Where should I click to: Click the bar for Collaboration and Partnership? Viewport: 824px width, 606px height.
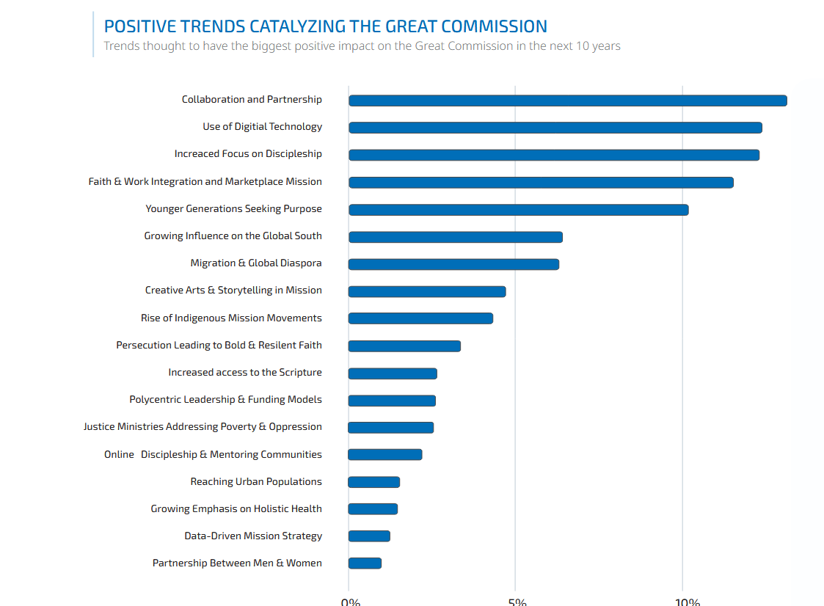(567, 101)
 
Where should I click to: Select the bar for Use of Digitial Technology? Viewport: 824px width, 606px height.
(555, 128)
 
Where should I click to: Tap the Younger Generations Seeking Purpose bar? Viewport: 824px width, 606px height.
(518, 210)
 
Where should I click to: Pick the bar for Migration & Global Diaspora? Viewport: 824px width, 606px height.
(453, 264)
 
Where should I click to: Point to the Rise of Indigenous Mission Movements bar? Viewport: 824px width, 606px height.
(420, 318)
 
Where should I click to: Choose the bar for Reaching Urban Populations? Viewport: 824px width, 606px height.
(374, 482)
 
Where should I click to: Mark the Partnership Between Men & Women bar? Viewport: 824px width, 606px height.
(365, 563)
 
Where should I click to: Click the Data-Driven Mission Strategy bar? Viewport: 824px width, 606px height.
(369, 536)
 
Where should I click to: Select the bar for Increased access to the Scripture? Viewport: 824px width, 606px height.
(393, 373)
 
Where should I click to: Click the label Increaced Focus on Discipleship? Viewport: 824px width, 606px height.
(248, 154)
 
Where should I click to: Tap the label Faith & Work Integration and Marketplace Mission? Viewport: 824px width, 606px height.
(205, 181)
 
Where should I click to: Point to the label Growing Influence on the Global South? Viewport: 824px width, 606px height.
(233, 236)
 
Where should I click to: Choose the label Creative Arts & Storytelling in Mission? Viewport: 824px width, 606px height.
(233, 291)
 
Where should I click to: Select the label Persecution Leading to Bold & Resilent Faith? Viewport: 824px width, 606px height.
(219, 345)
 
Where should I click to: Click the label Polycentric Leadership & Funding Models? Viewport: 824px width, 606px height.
(225, 400)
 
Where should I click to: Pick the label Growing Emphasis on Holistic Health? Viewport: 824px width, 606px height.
(236, 509)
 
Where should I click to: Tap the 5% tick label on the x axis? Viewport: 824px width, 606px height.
(517, 602)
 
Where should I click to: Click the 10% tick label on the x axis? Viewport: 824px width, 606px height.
(687, 602)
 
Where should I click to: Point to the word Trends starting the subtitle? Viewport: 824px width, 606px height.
(122, 46)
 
